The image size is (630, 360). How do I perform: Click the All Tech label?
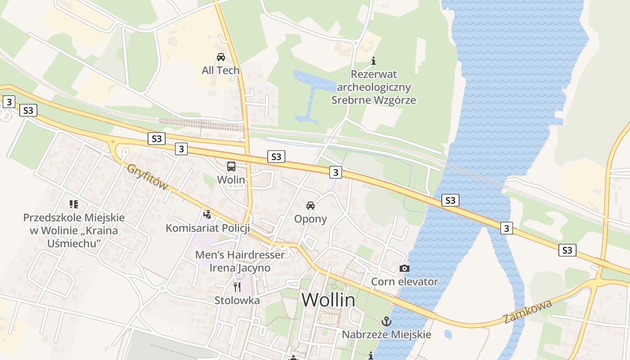[220, 71]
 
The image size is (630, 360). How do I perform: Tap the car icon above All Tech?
[221, 57]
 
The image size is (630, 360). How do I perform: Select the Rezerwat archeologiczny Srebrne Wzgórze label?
[373, 87]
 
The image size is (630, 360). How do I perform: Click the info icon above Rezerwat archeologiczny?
[373, 61]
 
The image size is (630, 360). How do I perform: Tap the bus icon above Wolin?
[231, 166]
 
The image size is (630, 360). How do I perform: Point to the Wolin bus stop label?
[231, 180]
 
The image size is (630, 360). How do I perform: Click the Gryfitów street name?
[148, 176]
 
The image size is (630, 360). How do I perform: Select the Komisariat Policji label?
[207, 228]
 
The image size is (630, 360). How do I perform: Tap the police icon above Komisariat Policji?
[207, 214]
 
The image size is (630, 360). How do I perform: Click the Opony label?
[310, 219]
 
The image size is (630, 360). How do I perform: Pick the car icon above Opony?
[310, 206]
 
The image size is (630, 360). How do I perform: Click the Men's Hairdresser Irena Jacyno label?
[240, 261]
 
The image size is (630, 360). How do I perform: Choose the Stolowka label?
[237, 300]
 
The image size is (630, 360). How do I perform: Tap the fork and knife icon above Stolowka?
[237, 287]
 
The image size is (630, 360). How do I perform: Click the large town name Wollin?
[328, 300]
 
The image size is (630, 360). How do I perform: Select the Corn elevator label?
[404, 282]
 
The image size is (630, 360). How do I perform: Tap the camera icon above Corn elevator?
[405, 268]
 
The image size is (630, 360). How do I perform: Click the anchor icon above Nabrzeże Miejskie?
[386, 321]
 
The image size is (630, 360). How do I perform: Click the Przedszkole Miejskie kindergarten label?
[74, 230]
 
